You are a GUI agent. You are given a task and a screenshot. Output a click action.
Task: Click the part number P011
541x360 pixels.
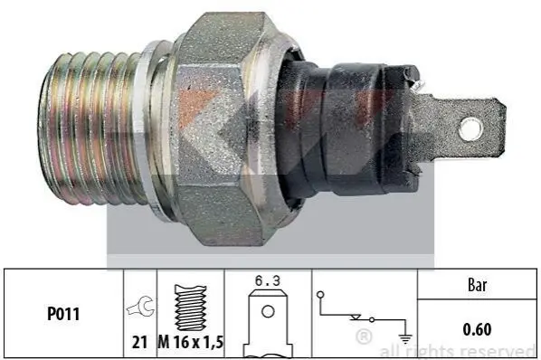[x=63, y=314]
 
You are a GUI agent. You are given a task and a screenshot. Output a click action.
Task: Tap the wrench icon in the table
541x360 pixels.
[x=141, y=307]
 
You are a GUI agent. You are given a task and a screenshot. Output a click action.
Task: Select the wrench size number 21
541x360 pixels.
[x=139, y=342]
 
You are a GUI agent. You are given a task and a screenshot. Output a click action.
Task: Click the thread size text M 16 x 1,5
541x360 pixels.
[x=191, y=342]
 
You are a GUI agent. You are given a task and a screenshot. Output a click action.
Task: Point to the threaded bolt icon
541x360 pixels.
[x=191, y=308]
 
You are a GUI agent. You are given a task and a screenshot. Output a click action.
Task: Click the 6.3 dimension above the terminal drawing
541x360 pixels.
[x=268, y=280]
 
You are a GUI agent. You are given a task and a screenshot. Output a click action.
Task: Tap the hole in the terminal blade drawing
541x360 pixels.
[x=268, y=312]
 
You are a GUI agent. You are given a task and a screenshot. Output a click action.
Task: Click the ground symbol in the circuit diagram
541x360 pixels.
[x=405, y=339]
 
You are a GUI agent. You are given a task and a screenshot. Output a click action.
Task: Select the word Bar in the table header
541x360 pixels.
[x=477, y=285]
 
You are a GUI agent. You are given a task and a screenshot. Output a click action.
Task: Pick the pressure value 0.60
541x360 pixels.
[x=477, y=329]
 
